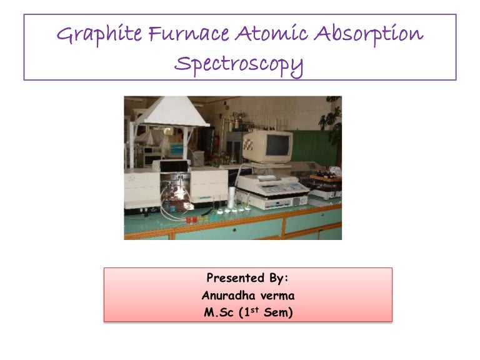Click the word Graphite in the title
pyautogui.click(x=94, y=35)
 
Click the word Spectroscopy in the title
pyautogui.click(x=239, y=65)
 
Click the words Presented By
pyautogui.click(x=247, y=277)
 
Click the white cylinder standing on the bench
pyautogui.click(x=231, y=199)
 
